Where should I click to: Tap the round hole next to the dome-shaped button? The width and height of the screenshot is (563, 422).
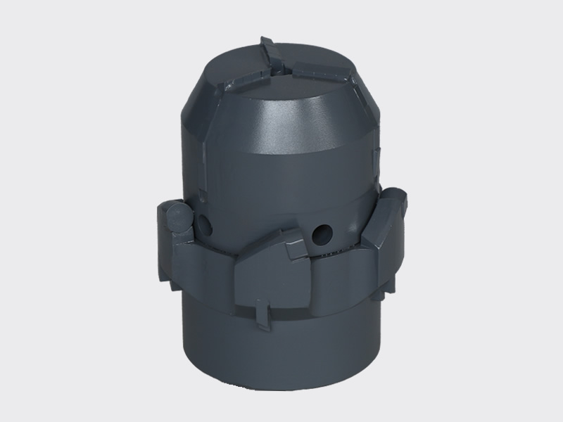205,225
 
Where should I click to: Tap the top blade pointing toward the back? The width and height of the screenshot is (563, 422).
268,51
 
